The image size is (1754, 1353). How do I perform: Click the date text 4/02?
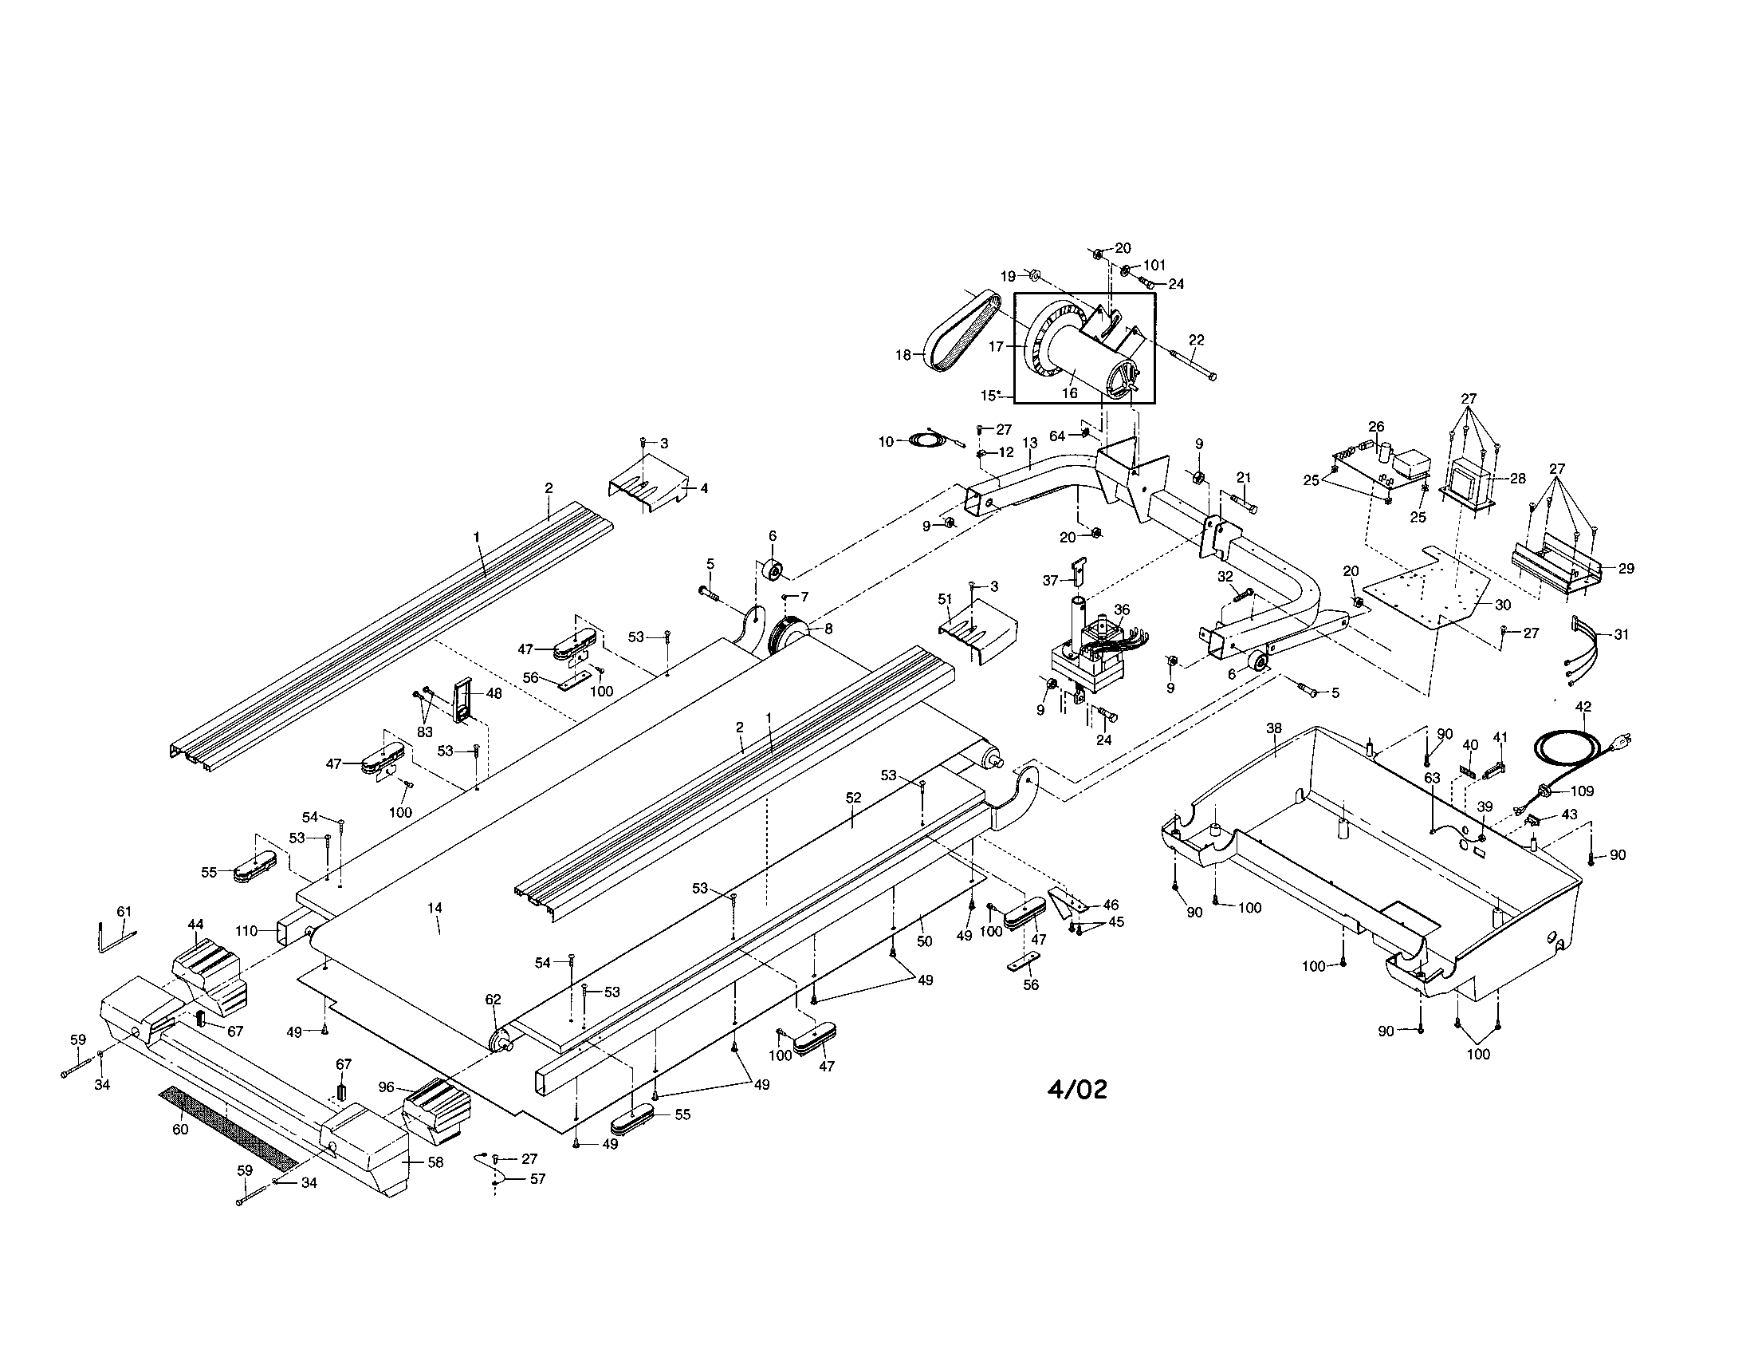tap(1077, 1090)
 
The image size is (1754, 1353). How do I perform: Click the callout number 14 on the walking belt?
tap(435, 908)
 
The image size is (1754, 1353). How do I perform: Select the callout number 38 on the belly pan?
tap(1274, 728)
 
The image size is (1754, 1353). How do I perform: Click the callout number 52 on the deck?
tap(853, 798)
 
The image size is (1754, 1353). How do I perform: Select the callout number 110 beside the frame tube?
tap(246, 931)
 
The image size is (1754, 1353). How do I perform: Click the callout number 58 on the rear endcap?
tap(435, 1162)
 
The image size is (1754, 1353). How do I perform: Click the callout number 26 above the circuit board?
tap(1377, 427)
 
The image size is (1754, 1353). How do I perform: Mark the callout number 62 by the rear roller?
tap(492, 1000)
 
